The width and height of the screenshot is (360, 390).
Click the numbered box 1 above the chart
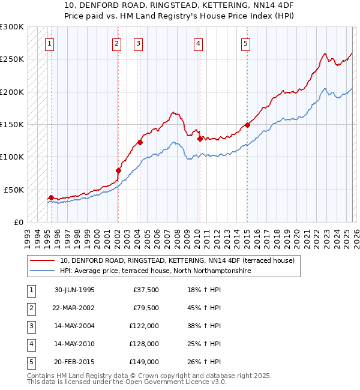[49, 43]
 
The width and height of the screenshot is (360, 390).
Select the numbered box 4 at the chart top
[197, 43]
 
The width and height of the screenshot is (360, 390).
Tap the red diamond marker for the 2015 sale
[247, 125]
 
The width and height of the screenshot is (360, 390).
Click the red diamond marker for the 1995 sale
[51, 197]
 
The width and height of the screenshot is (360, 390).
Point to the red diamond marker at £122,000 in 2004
[140, 142]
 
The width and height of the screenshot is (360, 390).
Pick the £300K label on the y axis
[12, 27]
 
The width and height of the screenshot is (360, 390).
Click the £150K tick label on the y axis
[12, 124]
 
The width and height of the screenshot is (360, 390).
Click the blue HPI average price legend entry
[154, 271]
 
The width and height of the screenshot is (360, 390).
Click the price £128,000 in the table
[144, 344]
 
